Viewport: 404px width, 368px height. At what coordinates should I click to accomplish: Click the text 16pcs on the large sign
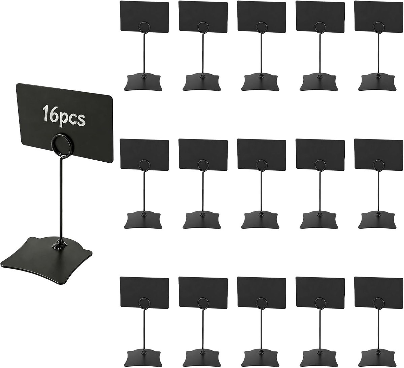(63, 117)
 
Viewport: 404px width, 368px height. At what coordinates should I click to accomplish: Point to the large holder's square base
(47, 254)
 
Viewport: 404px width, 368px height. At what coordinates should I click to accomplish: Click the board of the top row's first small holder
(144, 16)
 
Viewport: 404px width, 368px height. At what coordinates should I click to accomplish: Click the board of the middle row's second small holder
(203, 155)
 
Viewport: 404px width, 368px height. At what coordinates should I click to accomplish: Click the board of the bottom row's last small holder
(379, 292)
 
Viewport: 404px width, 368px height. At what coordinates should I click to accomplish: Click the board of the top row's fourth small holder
(321, 16)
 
